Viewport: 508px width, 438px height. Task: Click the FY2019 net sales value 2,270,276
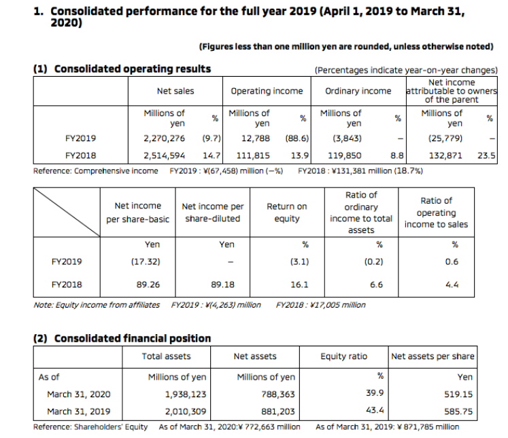coord(165,139)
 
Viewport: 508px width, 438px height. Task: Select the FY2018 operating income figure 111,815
coord(253,156)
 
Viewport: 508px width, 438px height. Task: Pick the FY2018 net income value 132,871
coord(445,156)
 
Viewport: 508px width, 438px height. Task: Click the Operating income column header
coord(267,91)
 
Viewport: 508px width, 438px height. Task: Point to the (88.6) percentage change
coord(297,139)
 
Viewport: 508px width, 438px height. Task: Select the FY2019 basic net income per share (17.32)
coord(146,261)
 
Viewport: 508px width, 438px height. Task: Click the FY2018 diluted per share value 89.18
coord(222,285)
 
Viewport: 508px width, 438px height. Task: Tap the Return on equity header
coord(287,213)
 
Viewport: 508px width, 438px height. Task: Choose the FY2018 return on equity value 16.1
coord(299,285)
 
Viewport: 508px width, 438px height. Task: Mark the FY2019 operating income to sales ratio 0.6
coord(452,261)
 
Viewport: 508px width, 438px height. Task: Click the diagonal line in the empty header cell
coord(67,212)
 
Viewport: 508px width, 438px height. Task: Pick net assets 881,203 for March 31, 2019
coord(278,412)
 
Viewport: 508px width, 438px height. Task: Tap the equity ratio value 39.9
coord(375,393)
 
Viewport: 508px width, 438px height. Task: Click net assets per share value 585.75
coord(458,412)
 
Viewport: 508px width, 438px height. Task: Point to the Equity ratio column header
coord(343,357)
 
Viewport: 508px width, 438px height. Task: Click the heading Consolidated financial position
coord(133,338)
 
